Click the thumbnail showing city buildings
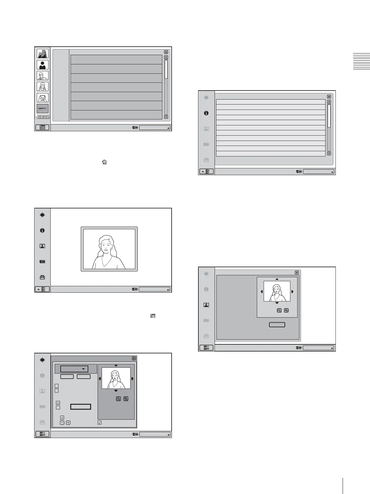click(x=42, y=54)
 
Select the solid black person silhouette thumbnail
click(x=42, y=65)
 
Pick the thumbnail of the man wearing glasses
click(x=42, y=76)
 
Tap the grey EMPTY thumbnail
click(x=42, y=109)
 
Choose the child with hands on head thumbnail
click(x=42, y=98)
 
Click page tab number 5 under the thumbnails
click(x=48, y=117)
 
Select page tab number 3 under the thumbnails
click(x=42, y=117)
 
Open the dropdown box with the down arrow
click(x=74, y=369)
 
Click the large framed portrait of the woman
click(x=109, y=249)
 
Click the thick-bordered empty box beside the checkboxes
click(x=81, y=407)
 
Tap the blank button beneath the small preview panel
click(x=277, y=325)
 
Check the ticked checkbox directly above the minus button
click(x=62, y=417)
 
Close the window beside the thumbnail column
click(x=166, y=52)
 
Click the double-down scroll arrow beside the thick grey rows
click(x=166, y=117)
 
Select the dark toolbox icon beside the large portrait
click(x=42, y=277)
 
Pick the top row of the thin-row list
click(x=271, y=102)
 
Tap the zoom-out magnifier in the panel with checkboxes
click(x=118, y=399)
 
